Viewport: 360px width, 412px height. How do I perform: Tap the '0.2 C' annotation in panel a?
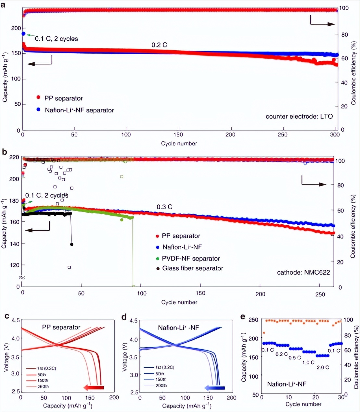click(159, 45)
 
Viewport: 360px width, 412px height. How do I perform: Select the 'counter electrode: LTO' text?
click(299, 116)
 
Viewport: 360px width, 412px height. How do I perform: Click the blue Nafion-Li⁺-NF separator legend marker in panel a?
click(38, 110)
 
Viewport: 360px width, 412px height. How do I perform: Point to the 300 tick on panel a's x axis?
click(335, 135)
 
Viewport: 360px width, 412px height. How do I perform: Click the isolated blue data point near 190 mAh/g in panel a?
click(23, 34)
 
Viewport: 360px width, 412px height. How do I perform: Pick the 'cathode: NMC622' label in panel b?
click(303, 272)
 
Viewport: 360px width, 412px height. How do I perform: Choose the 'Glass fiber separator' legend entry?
click(193, 268)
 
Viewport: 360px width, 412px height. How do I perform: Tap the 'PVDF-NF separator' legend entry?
click(191, 258)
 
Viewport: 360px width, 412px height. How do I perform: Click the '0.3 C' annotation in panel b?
click(164, 207)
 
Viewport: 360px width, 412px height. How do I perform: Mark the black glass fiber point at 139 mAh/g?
click(72, 244)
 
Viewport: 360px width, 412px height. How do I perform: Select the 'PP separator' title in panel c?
click(61, 327)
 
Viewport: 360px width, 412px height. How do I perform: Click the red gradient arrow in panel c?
click(94, 387)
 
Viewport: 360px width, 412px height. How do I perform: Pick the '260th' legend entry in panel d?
click(161, 385)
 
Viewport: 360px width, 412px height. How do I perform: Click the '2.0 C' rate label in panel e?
click(323, 367)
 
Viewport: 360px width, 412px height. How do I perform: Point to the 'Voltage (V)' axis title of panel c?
click(6, 356)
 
